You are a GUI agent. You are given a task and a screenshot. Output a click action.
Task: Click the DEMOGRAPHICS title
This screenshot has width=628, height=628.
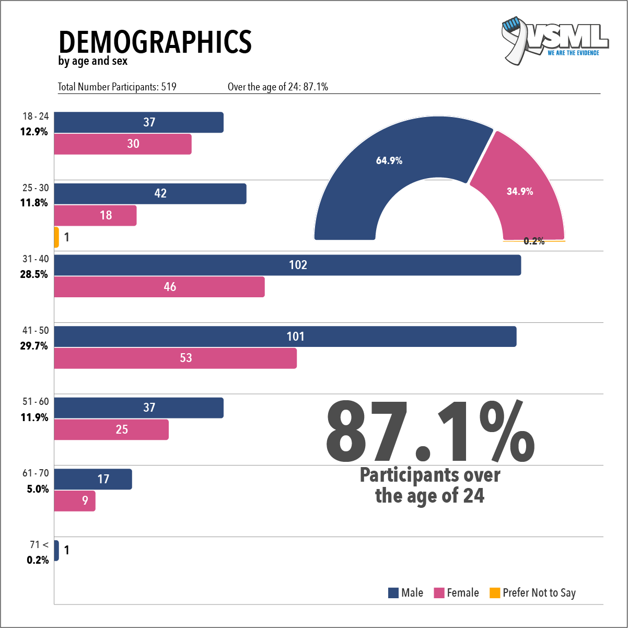[155, 42]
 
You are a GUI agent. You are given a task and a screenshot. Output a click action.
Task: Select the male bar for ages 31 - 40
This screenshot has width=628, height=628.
[287, 265]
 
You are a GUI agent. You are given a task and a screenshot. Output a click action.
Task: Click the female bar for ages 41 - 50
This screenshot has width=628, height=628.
[176, 358]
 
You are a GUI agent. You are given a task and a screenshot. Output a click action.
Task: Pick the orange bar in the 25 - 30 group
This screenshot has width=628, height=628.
[56, 237]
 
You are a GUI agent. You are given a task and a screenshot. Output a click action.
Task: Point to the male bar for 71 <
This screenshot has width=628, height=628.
[56, 550]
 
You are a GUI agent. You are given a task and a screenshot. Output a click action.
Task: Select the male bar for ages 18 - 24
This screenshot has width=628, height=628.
[138, 122]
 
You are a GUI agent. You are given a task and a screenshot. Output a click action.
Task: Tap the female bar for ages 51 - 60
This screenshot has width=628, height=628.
[111, 429]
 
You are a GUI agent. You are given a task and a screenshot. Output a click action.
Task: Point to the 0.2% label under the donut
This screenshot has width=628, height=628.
[534, 241]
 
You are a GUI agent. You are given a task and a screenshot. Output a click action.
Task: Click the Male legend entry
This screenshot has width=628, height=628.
[405, 593]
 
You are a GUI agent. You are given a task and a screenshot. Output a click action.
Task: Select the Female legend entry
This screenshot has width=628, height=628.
[456, 593]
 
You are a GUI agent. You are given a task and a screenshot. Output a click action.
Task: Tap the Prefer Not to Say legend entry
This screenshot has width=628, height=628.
[532, 593]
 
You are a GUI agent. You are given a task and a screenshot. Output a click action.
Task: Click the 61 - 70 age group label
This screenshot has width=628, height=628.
[36, 473]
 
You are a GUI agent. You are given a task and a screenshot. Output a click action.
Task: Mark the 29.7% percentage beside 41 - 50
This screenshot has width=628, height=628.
[34, 346]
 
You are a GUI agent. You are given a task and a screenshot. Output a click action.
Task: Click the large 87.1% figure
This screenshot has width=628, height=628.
[429, 432]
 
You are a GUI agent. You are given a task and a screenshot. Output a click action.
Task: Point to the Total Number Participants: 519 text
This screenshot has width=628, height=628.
[117, 87]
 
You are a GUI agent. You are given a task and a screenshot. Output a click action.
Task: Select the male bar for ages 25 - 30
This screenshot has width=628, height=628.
[150, 194]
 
